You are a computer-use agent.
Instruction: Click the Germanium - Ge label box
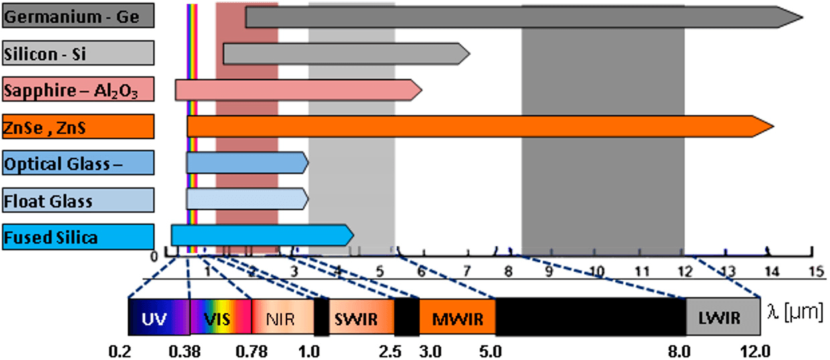[78, 17]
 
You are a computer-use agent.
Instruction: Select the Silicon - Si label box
[78, 54]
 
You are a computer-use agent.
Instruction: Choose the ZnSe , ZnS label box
[78, 126]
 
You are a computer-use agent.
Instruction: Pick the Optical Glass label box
[78, 163]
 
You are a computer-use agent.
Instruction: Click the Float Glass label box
[78, 200]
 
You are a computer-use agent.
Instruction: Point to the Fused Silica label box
[78, 238]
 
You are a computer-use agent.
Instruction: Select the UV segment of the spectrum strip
[159, 317]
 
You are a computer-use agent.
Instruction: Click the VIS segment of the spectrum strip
[220, 317]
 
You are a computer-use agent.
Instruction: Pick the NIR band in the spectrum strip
[282, 317]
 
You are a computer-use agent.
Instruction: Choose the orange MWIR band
[457, 317]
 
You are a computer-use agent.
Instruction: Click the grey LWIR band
[723, 317]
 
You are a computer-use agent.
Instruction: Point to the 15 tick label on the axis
[815, 271]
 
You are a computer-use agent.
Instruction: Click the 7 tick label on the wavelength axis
[467, 271]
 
